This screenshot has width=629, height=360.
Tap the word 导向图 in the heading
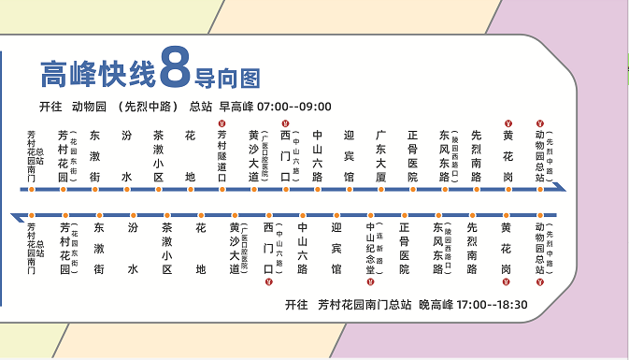click(x=225, y=74)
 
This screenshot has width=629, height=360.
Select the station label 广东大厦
click(x=381, y=156)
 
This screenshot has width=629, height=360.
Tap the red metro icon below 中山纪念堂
click(x=370, y=280)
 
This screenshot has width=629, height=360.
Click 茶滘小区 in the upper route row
click(x=158, y=156)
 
